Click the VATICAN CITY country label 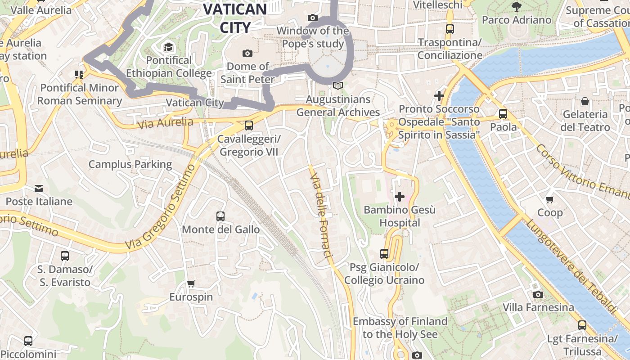coord(235,18)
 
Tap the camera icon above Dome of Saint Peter coord(247,54)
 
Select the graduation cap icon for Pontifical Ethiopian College coord(168,47)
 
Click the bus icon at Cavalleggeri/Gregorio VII coord(248,126)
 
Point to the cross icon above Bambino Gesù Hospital coord(399,197)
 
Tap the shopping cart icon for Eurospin coord(191,283)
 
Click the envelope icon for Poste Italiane coord(39,188)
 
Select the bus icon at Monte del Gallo coord(220,216)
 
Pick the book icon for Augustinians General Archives coord(337,85)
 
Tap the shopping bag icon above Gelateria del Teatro coord(585,101)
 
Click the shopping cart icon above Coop coord(549,199)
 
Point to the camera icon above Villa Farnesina coord(538,295)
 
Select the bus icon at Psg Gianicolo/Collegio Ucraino coord(384,254)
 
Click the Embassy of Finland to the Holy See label coord(400,328)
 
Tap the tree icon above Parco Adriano coord(516,6)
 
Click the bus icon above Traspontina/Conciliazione coord(450,29)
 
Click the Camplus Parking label coord(130,164)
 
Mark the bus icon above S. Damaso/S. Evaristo coord(65,256)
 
